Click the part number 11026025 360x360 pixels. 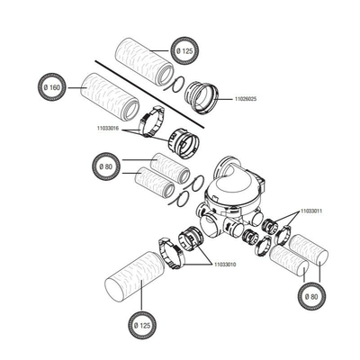tap(246, 99)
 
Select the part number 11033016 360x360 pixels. tap(108, 128)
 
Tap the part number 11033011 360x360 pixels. tap(311, 211)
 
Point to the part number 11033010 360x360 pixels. tap(225, 265)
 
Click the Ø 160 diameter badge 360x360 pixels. tap(52, 87)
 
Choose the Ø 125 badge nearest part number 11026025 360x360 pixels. tap(185, 50)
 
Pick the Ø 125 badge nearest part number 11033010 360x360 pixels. tap(142, 326)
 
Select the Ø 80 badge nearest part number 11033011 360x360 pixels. tap(312, 297)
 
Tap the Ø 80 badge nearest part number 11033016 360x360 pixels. tap(106, 166)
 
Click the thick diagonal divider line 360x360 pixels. tap(149, 94)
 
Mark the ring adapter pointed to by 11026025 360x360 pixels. tap(202, 97)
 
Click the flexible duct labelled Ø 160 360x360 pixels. tap(110, 96)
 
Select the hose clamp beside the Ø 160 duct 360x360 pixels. tap(152, 122)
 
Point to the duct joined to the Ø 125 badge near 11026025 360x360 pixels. tap(145, 61)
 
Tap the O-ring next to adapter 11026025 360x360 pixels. tap(175, 85)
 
